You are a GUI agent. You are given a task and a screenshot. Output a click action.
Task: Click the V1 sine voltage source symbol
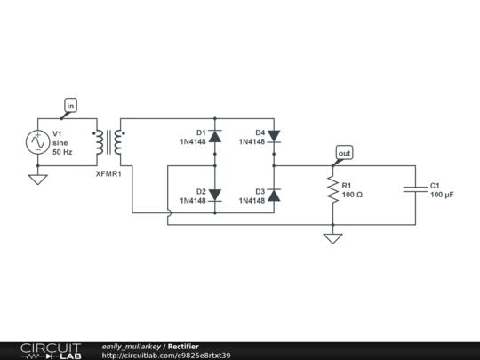(x=38, y=141)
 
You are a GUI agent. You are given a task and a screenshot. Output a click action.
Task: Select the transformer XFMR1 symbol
(x=108, y=141)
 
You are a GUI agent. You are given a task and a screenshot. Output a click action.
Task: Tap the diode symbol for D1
(x=214, y=136)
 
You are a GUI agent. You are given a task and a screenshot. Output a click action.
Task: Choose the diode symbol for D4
(x=274, y=136)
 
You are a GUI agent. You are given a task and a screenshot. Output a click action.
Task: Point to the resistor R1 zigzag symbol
(x=333, y=188)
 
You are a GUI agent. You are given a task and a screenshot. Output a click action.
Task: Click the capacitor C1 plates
(x=414, y=188)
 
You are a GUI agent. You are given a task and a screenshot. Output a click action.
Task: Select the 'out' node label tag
(x=344, y=153)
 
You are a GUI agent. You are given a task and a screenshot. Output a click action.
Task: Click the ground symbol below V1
(x=38, y=179)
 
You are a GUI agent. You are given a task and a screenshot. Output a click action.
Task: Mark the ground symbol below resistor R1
(x=333, y=238)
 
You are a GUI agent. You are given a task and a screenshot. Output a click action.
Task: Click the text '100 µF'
(x=443, y=194)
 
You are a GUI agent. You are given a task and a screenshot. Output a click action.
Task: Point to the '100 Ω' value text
(x=352, y=194)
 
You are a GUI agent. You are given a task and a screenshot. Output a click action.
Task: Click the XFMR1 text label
(x=108, y=174)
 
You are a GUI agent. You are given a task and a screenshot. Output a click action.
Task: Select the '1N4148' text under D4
(x=252, y=141)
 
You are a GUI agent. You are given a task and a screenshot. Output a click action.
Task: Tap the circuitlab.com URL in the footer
(x=166, y=356)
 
